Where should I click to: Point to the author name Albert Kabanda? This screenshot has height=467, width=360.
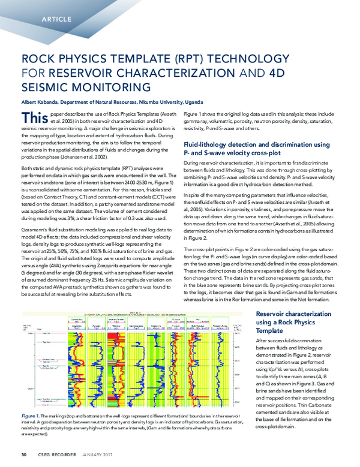pyautogui.click(x=43, y=102)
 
